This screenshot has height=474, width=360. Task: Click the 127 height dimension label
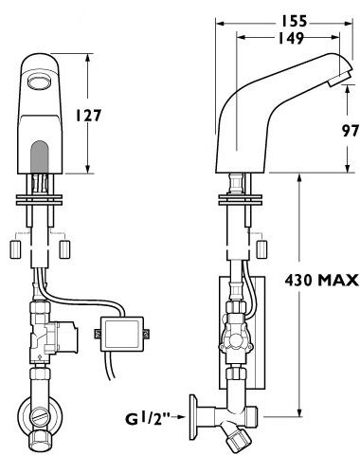coord(88,116)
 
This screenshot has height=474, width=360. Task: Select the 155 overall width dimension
coord(294,22)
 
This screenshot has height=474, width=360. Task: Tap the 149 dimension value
coord(291,38)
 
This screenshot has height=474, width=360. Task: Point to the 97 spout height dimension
coord(351,131)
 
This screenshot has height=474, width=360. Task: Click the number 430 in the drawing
coord(298,280)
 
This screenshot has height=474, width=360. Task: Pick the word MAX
coord(338,280)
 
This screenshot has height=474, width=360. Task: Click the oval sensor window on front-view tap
coord(39,82)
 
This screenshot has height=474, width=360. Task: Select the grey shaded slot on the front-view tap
coord(39,156)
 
